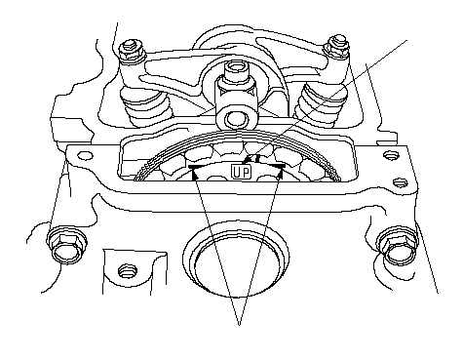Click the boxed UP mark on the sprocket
coord(242,172)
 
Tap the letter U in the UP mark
coord(237,173)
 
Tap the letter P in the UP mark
coord(246,173)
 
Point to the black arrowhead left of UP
coord(196,176)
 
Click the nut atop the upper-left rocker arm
coord(133,51)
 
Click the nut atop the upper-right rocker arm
coord(337,46)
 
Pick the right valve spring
coord(320,104)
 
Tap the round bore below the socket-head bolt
coord(235,119)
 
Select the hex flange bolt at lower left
coord(66,246)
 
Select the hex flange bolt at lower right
coord(397,246)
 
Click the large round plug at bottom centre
coord(236,260)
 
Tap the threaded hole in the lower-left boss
coord(127,271)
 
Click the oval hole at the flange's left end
coord(85,155)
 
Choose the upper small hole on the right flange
coord(390,155)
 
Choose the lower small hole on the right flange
coord(400,182)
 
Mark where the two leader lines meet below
coord(239,325)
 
